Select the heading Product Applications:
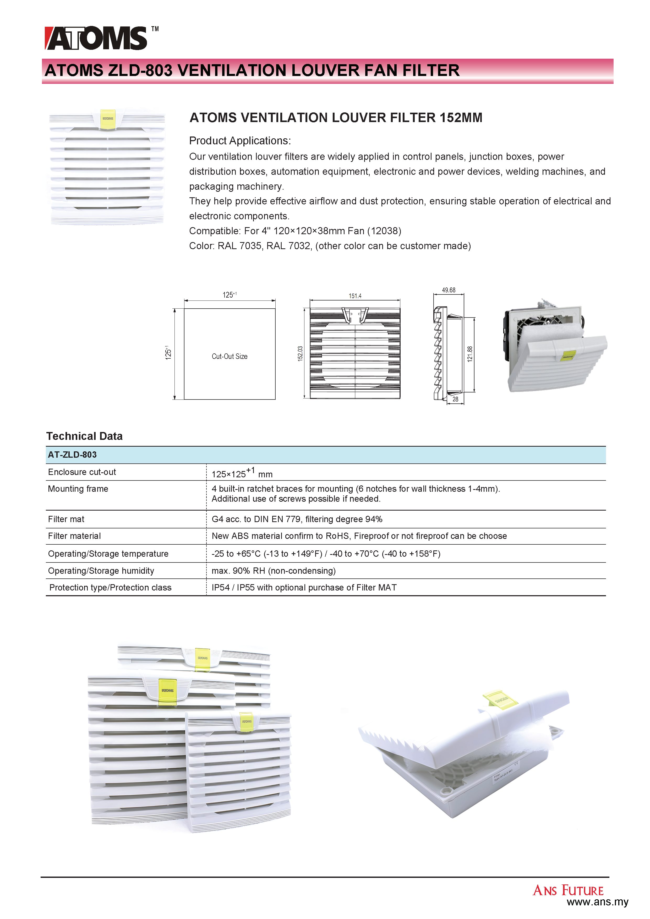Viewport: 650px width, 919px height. (x=240, y=141)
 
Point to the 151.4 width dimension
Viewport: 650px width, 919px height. (x=355, y=296)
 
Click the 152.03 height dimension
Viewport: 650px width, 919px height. (x=300, y=354)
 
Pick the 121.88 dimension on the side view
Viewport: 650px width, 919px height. (x=470, y=354)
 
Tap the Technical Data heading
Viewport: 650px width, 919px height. (x=84, y=436)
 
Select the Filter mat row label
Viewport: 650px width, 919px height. (x=66, y=519)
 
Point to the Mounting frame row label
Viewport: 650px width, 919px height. (x=78, y=489)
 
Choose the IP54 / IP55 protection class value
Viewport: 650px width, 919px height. (x=304, y=588)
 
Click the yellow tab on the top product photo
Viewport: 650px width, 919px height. (x=108, y=119)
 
